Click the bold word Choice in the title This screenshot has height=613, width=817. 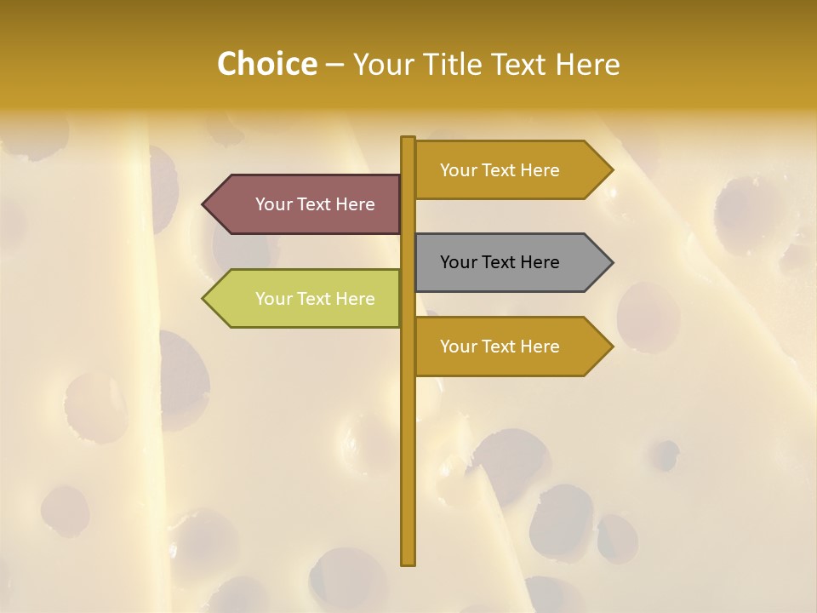coord(266,64)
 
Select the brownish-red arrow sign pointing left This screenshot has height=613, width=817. coord(306,204)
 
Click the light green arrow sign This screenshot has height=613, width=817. coord(306,299)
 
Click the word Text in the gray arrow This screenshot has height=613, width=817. coord(500,262)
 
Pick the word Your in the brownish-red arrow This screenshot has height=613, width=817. coord(273,204)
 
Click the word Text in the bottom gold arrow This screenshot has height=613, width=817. coord(500,347)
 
